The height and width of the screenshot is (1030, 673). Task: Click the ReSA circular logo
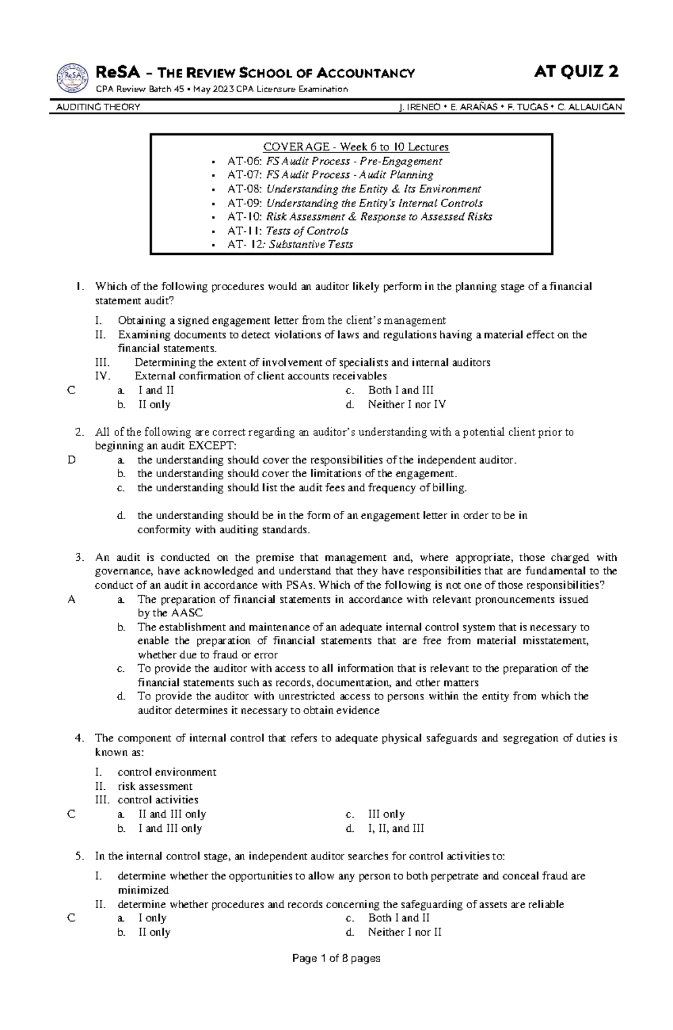pos(73,77)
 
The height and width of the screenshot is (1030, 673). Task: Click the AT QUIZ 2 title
pos(577,72)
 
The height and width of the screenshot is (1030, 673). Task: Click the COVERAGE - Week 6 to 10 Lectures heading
pos(356,147)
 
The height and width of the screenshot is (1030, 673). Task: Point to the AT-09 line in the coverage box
pos(354,203)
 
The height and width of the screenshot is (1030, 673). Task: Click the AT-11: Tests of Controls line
pos(287,231)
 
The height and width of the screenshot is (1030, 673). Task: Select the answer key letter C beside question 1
pos(71,391)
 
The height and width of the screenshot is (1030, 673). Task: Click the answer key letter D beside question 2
pos(71,460)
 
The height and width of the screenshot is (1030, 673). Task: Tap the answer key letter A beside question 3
pos(71,599)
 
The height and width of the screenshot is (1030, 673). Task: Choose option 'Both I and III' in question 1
pos(400,391)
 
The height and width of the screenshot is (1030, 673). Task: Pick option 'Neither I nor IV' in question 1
pos(407,405)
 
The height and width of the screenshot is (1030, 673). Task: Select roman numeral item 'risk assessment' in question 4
pos(155,786)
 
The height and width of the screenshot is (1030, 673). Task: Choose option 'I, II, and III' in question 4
pos(396,828)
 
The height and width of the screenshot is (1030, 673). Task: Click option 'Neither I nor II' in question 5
pos(404,932)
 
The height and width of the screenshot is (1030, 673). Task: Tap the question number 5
pos(79,857)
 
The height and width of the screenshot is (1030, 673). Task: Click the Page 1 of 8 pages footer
pos(336,959)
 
